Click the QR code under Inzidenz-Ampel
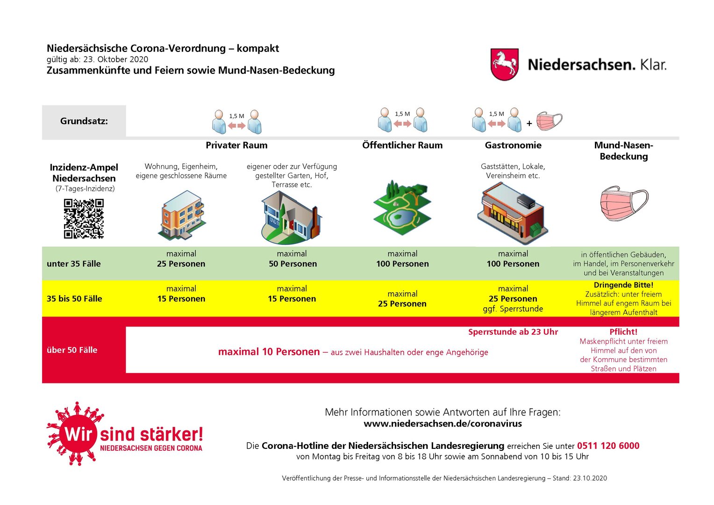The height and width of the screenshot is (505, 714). pyautogui.click(x=84, y=218)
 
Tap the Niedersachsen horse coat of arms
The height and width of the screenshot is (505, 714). pyautogui.click(x=505, y=64)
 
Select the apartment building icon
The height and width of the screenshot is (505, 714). pyautogui.click(x=182, y=215)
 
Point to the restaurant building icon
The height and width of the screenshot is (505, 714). pyautogui.click(x=513, y=213)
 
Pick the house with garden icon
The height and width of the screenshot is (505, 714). pyautogui.click(x=291, y=217)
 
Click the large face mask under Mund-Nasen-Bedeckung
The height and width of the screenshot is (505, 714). pyautogui.click(x=623, y=203)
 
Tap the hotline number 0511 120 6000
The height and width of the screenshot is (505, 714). pyautogui.click(x=608, y=446)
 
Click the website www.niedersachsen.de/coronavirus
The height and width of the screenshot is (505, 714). pyautogui.click(x=443, y=424)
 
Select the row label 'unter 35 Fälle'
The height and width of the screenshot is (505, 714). pyautogui.click(x=74, y=264)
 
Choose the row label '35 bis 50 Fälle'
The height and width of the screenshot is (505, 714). pyautogui.click(x=74, y=299)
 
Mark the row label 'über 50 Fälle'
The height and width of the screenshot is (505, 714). pyautogui.click(x=72, y=350)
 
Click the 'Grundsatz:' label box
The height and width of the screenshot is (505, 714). pyautogui.click(x=84, y=121)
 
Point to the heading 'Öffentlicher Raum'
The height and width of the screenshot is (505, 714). pyautogui.click(x=402, y=145)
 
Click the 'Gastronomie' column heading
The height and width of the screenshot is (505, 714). pyautogui.click(x=513, y=145)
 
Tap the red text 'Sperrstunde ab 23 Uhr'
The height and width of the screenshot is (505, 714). pyautogui.click(x=513, y=332)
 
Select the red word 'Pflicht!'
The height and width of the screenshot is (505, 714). pyautogui.click(x=623, y=332)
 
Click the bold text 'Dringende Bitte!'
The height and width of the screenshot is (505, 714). pyautogui.click(x=623, y=285)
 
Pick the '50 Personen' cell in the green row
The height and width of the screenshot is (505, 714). pyautogui.click(x=293, y=264)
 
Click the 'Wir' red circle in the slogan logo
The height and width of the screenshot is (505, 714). pyautogui.click(x=78, y=433)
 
